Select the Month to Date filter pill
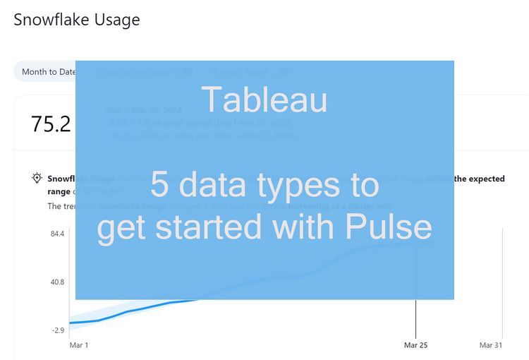(47, 71)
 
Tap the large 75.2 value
(51, 124)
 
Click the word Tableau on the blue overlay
(264, 100)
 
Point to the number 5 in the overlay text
(159, 185)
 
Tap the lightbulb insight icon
(37, 178)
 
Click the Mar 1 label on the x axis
(79, 345)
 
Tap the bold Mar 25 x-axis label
(415, 345)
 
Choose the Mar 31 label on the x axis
(491, 345)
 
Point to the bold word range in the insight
(59, 191)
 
